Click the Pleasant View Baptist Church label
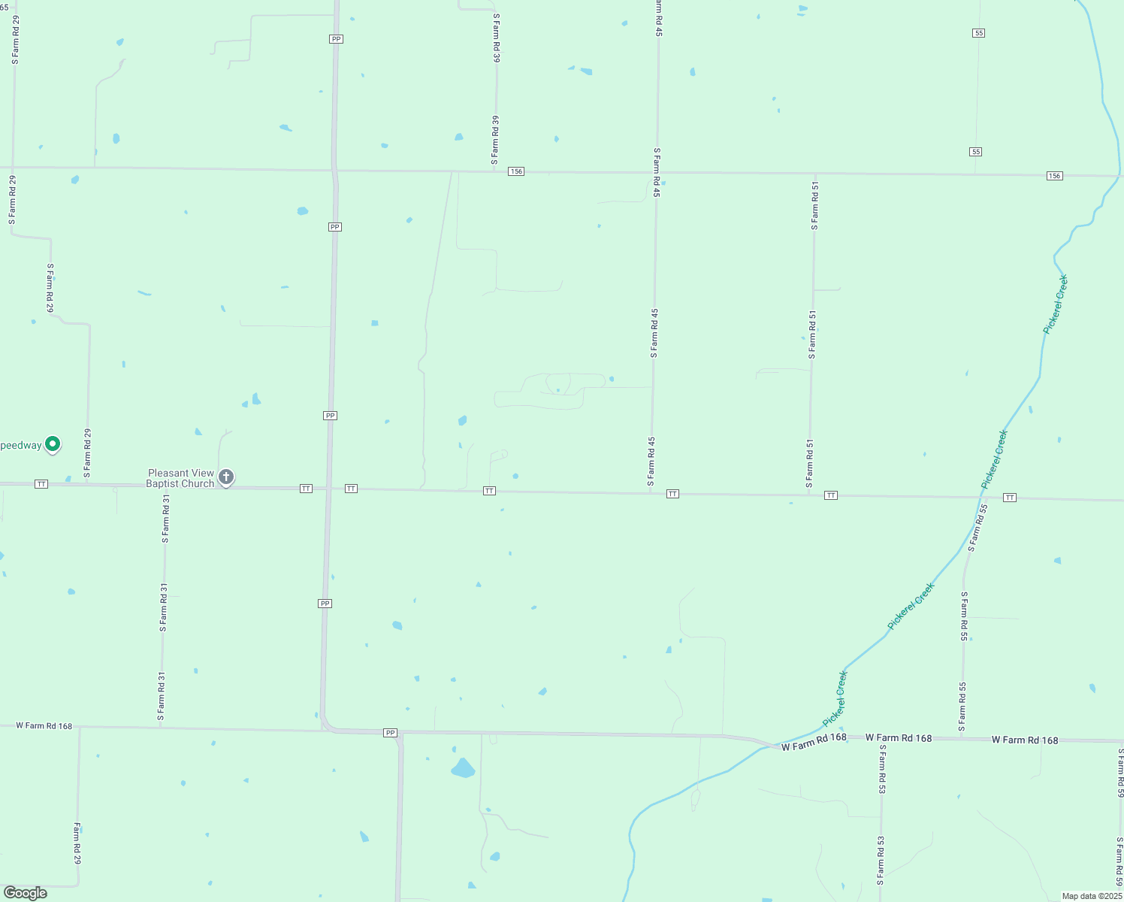coord(180,478)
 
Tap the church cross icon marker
coord(225,477)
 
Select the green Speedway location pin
coord(53,444)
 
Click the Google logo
coord(25,893)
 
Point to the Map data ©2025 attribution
coord(1092,896)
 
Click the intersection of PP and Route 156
coord(334,170)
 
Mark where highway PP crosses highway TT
coord(328,489)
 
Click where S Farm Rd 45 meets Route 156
coord(657,173)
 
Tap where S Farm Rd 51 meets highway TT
coord(809,495)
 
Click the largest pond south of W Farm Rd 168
coord(463,768)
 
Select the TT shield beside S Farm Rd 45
coord(672,494)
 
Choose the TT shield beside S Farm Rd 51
coord(830,495)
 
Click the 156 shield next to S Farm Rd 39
coord(515,171)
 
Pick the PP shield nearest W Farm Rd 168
coord(390,732)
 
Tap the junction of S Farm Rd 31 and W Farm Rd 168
coord(160,728)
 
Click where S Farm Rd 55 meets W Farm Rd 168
coord(962,738)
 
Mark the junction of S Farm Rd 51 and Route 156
coord(814,174)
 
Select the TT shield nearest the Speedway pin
coord(41,484)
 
